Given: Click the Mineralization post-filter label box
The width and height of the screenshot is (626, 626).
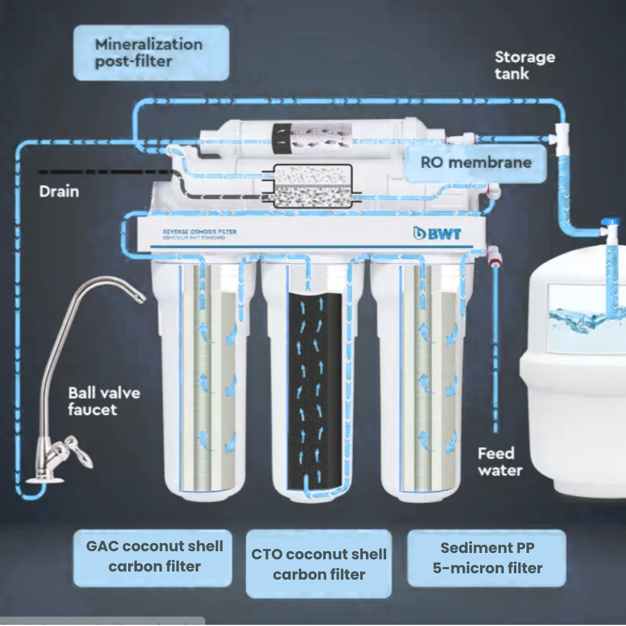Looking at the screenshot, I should [x=151, y=53].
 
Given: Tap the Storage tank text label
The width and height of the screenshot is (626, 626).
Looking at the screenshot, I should [x=524, y=65].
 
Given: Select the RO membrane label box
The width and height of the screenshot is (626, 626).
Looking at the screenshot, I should [x=475, y=162].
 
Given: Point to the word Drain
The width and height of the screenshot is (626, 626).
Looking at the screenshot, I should [x=59, y=191].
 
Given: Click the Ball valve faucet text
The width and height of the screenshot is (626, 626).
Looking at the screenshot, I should [x=104, y=401].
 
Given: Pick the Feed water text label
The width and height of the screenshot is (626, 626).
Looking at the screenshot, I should [x=500, y=461].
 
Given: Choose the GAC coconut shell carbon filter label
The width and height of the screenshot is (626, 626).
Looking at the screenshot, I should [x=154, y=556].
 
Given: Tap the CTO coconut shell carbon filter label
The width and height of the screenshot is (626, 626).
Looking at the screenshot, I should [x=319, y=565].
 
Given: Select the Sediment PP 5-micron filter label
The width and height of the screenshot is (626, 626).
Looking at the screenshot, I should [x=487, y=558].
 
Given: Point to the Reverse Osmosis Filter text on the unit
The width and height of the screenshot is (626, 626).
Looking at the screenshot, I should [x=199, y=232].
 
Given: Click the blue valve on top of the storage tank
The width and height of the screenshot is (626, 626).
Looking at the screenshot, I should [x=610, y=224].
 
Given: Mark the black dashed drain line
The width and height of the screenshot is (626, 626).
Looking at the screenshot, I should [x=104, y=172].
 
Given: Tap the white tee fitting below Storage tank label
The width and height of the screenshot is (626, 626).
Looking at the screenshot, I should [x=562, y=139].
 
